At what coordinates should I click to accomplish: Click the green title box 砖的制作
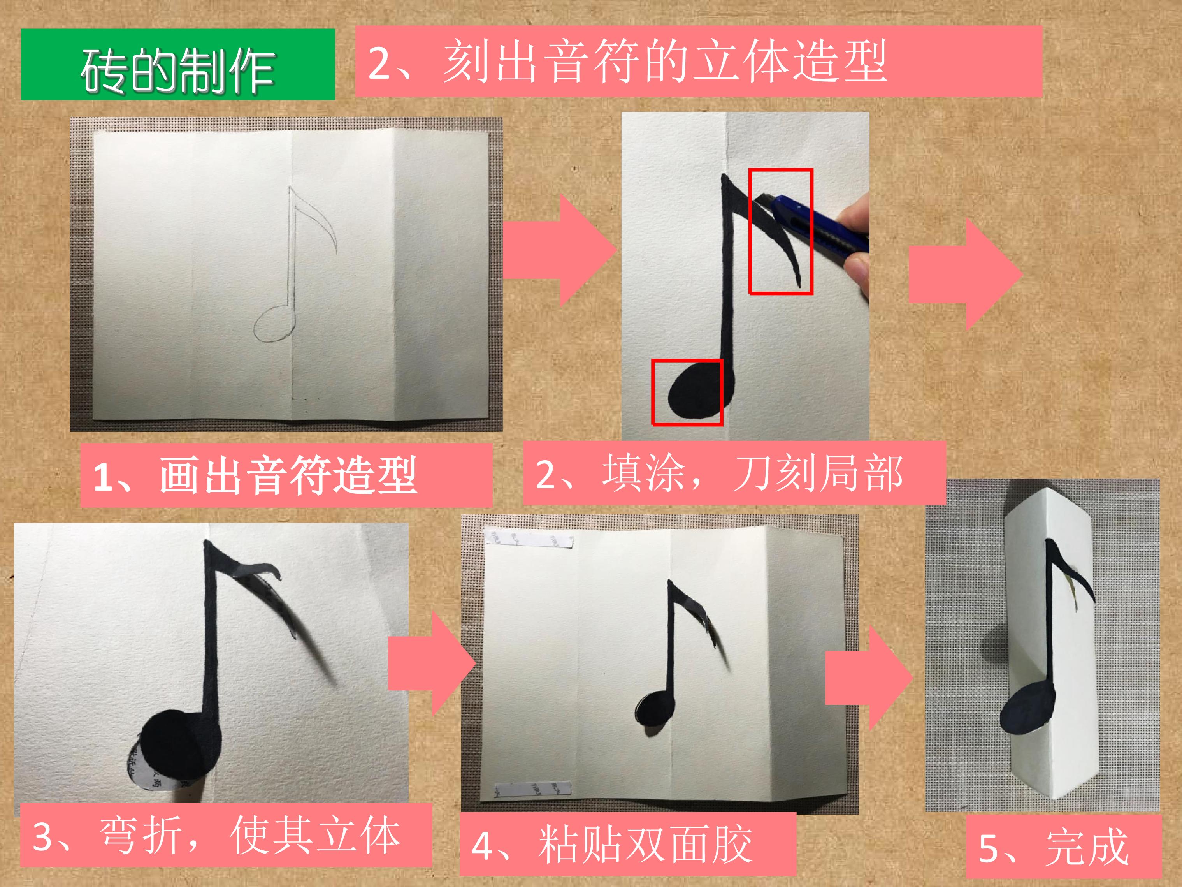pos(178,65)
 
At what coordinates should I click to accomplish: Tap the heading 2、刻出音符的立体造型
pos(698,61)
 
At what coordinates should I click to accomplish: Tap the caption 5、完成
pos(1063,847)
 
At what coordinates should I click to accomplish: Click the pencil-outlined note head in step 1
pos(274,324)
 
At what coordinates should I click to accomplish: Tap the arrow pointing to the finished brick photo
pos(869,678)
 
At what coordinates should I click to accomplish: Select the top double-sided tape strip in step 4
pos(529,540)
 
